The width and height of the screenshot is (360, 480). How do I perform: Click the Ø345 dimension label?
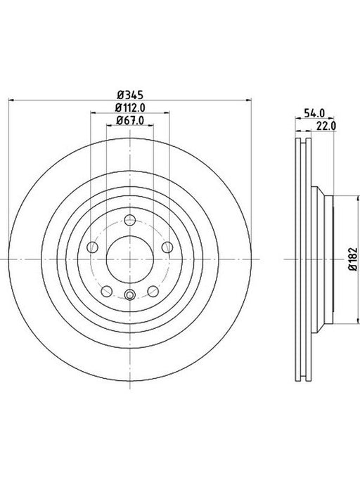[130, 95]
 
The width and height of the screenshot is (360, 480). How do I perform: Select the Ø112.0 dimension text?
[130, 108]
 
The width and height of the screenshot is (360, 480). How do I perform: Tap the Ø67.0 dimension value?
[130, 121]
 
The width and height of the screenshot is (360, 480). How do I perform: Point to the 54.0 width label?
[314, 113]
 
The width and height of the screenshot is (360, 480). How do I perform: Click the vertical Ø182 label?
[353, 259]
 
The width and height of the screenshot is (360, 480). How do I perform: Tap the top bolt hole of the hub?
[130, 220]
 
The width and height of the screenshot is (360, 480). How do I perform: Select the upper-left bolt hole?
[92, 247]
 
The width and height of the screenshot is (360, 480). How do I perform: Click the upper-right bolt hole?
[167, 247]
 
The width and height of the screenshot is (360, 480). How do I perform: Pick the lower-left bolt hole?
[107, 291]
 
